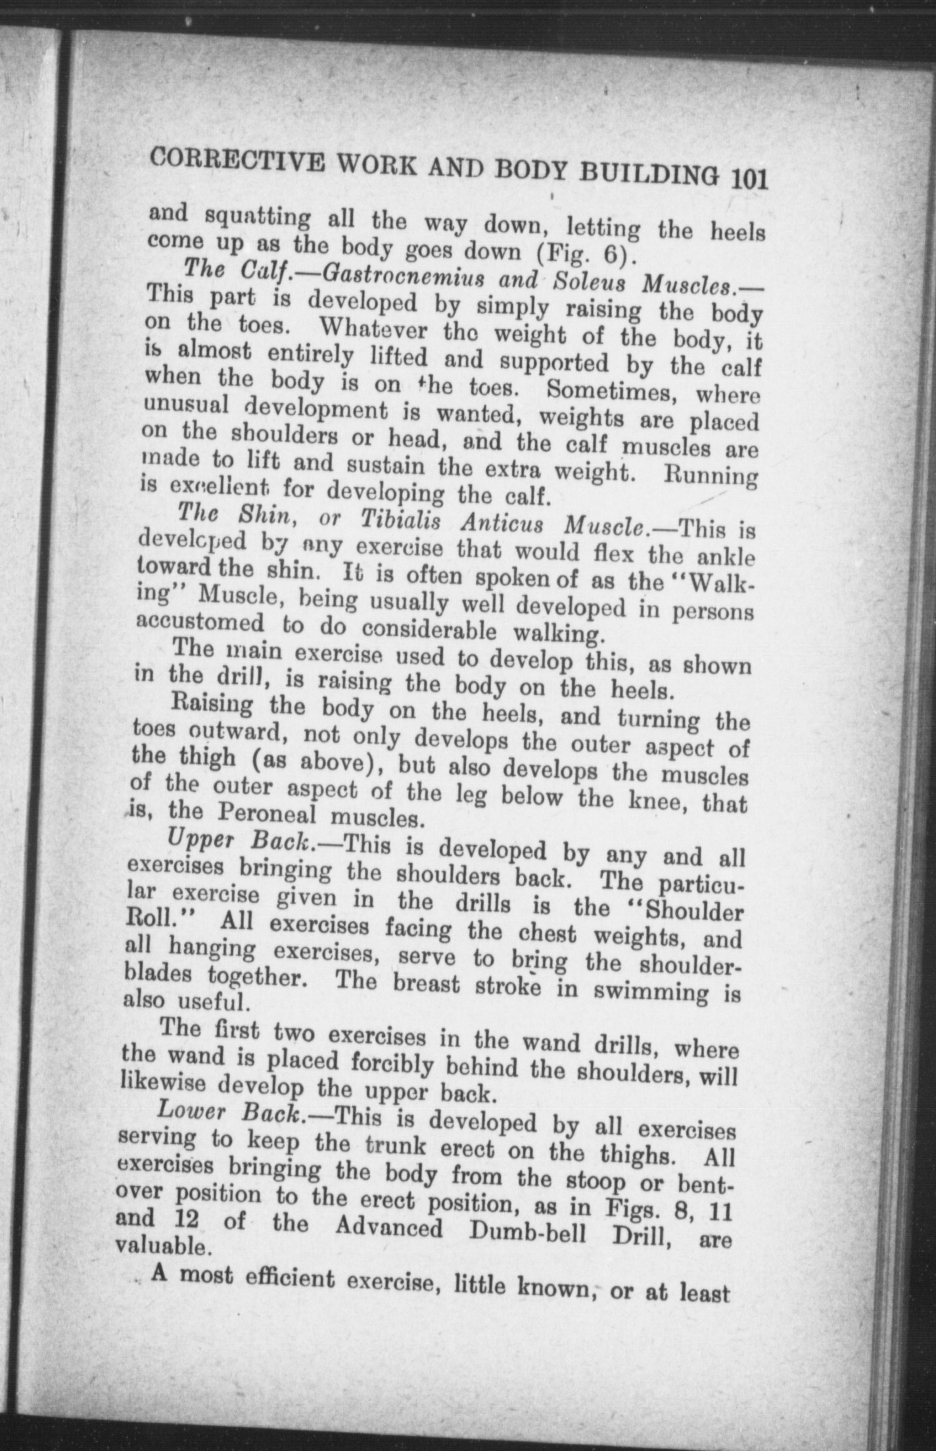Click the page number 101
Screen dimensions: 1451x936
click(749, 179)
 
